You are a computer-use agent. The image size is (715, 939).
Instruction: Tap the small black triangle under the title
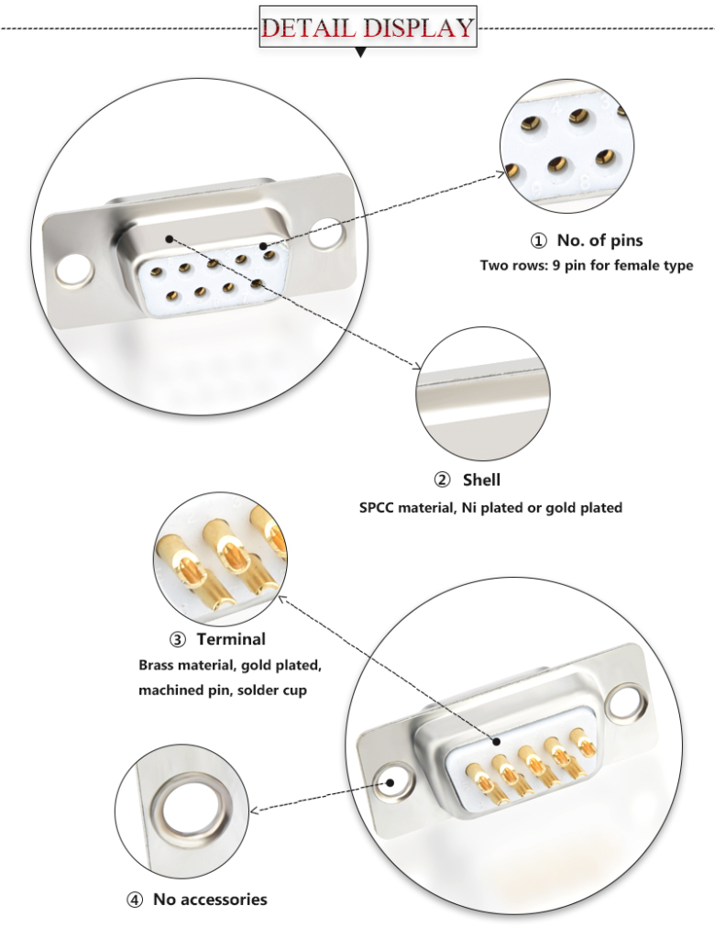(360, 53)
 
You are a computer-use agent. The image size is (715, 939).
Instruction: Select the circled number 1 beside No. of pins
(538, 241)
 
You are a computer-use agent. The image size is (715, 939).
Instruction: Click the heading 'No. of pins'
(599, 240)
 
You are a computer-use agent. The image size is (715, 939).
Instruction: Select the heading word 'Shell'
(481, 480)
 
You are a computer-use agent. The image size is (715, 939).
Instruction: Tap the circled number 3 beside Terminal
(178, 640)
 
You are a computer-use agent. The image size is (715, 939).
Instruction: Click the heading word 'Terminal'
(231, 639)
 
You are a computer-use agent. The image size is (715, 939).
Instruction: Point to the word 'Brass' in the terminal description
(158, 665)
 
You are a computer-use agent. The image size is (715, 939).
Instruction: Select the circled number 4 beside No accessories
(135, 900)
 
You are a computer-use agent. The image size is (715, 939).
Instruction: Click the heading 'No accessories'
(210, 899)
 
